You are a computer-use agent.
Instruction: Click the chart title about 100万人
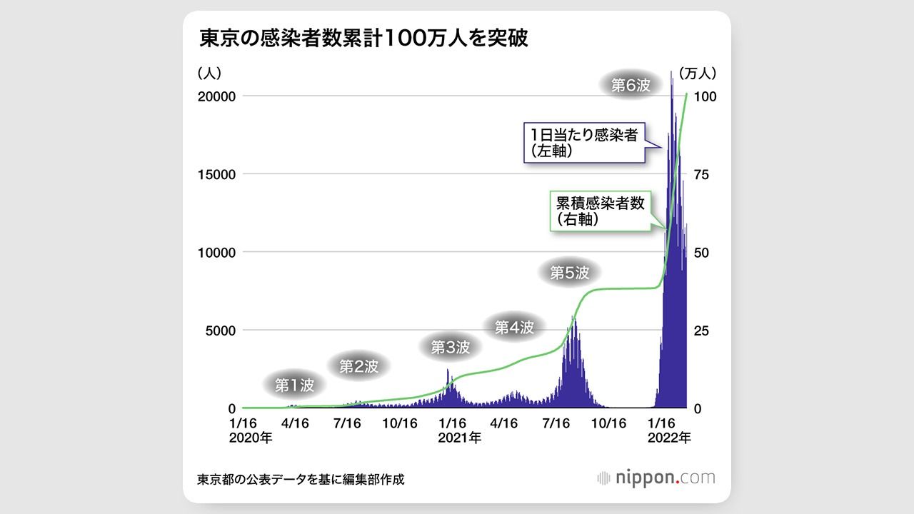363,39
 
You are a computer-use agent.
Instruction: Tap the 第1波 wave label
294,385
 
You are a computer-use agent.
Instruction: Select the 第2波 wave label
358,366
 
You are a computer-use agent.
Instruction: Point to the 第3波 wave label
451,348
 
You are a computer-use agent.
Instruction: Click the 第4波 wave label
514,328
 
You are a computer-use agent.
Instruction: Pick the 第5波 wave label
570,272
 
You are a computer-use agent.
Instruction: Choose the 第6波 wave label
631,85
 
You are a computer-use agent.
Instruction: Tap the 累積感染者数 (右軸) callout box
600,211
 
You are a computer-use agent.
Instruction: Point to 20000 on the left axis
218,96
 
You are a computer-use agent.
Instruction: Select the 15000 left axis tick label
218,174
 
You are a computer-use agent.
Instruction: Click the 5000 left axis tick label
221,331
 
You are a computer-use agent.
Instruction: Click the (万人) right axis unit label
697,73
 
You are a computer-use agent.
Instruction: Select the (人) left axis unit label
211,73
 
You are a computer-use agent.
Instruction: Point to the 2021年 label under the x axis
459,438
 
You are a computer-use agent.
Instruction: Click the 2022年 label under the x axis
670,438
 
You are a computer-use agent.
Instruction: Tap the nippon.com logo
656,478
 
